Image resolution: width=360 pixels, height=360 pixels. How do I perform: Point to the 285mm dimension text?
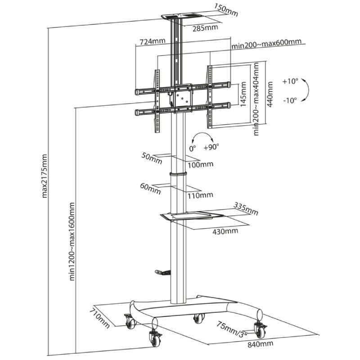[205, 28]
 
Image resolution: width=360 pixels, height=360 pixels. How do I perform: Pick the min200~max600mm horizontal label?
[266, 42]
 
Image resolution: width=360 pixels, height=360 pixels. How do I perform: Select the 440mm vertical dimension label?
[270, 94]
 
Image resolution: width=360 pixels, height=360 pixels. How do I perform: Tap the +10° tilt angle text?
[290, 81]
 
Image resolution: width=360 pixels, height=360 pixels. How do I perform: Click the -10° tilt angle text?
[290, 100]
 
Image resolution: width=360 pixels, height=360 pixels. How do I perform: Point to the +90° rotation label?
[211, 147]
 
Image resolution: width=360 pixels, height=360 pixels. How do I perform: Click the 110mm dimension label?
[200, 195]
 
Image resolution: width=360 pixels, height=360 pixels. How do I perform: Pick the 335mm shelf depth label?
[246, 209]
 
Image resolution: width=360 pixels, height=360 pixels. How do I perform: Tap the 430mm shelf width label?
[225, 231]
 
